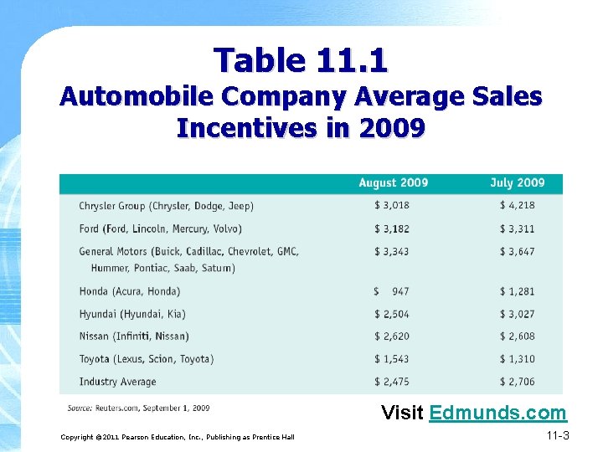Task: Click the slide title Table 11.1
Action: click(301, 60)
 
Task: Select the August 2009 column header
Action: click(393, 183)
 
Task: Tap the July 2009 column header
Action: click(517, 183)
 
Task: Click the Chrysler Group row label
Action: click(166, 206)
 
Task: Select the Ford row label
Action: click(160, 229)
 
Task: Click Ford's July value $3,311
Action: click(517, 229)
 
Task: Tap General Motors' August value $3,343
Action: click(392, 251)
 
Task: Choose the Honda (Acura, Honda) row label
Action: click(130, 291)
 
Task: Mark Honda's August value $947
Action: click(392, 291)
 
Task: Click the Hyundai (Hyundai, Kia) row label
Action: click(132, 314)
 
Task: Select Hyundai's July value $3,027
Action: click(517, 314)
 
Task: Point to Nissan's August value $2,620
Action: click(392, 336)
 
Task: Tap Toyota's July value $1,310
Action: click(517, 359)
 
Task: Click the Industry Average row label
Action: click(117, 382)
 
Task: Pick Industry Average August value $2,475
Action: click(392, 382)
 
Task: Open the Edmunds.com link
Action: click(497, 413)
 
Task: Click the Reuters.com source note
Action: click(139, 408)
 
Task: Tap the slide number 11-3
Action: click(557, 435)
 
